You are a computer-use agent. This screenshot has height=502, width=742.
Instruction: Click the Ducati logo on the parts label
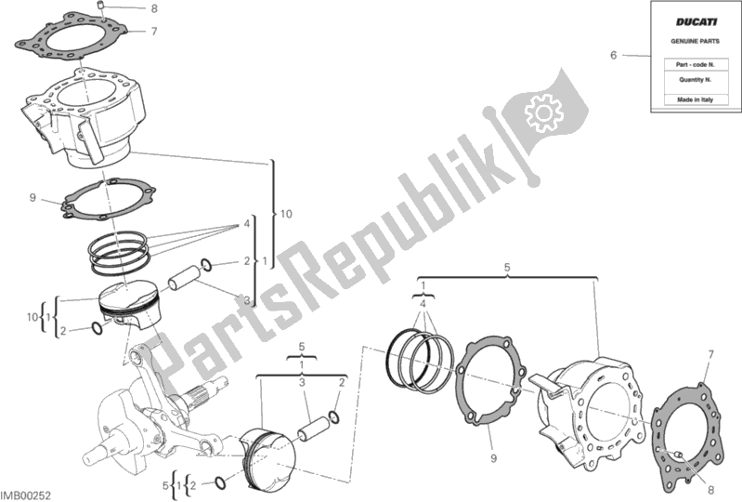(x=696, y=21)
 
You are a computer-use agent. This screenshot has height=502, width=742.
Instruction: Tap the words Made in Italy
(x=695, y=99)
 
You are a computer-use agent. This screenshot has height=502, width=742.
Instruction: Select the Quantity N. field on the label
(x=696, y=80)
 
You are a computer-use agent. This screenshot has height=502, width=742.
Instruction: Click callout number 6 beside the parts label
(x=613, y=56)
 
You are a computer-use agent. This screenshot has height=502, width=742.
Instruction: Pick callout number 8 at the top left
(x=154, y=8)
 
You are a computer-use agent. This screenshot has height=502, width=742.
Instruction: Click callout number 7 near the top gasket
(x=154, y=32)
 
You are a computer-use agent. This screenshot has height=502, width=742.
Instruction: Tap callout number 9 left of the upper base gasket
(x=33, y=197)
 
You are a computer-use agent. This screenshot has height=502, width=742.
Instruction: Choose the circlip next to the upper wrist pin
(x=206, y=264)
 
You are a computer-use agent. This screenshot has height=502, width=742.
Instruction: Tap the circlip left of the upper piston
(x=96, y=328)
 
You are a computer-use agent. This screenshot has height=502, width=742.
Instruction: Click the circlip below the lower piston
(x=220, y=482)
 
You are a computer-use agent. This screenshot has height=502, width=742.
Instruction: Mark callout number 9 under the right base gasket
(x=493, y=458)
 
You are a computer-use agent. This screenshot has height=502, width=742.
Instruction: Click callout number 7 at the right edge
(x=710, y=355)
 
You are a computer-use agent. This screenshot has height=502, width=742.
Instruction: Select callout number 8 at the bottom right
(x=710, y=490)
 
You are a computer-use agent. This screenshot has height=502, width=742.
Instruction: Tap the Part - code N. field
(x=696, y=64)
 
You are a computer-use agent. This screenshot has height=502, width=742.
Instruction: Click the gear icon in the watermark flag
(x=544, y=112)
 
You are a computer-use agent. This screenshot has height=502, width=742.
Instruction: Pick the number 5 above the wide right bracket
(x=507, y=268)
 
